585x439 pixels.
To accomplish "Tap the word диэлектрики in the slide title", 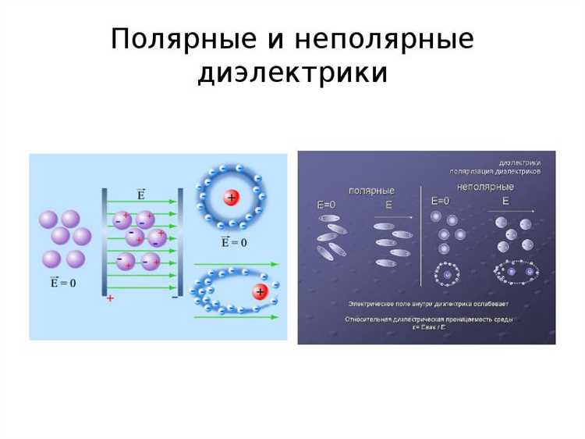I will [x=292, y=73].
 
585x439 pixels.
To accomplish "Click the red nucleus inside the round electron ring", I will [x=231, y=198].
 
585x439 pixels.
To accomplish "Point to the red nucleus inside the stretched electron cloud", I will [x=260, y=292].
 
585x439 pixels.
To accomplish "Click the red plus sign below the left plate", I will [x=111, y=298].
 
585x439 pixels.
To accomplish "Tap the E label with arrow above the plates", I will [x=141, y=194].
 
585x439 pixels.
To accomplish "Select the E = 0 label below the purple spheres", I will [x=63, y=282].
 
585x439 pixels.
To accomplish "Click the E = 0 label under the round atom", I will [x=233, y=242].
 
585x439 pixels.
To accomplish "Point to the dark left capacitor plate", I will [x=105, y=242].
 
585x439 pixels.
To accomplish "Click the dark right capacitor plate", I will [x=180, y=242].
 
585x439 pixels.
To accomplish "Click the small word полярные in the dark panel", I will [x=371, y=191].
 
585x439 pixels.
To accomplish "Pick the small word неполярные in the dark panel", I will [x=485, y=187].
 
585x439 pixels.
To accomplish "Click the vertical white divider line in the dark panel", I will [x=421, y=234].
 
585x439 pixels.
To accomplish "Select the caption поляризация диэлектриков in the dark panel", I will [x=495, y=171].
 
